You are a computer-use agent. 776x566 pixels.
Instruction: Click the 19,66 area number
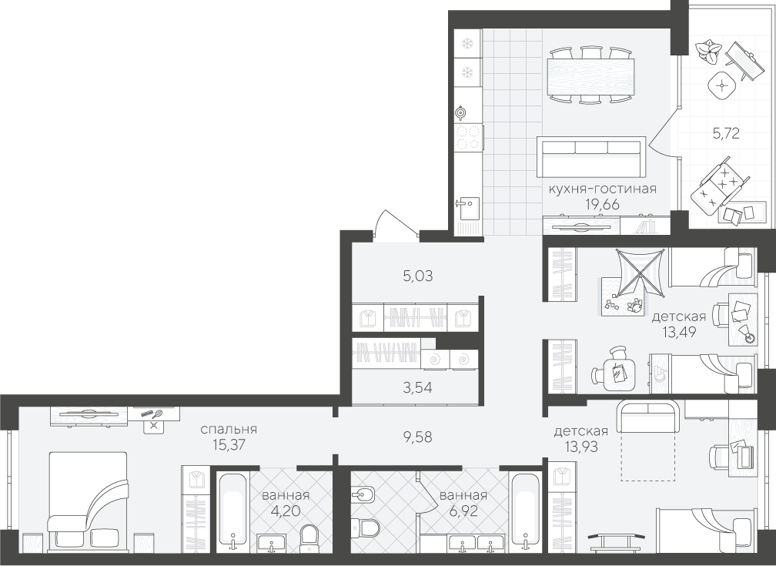[602, 203]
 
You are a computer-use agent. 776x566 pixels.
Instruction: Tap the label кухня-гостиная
[602, 189]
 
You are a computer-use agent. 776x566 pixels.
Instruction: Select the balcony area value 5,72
[726, 132]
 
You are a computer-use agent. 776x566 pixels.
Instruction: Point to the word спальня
[229, 429]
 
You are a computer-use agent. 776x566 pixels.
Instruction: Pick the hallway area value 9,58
[418, 437]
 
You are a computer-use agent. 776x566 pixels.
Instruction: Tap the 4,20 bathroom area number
[286, 510]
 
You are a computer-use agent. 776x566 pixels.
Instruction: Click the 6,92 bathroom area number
[463, 510]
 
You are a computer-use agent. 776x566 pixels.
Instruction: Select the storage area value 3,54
[417, 388]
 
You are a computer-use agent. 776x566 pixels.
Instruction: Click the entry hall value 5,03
[418, 276]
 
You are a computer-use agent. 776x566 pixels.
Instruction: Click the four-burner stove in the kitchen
[468, 138]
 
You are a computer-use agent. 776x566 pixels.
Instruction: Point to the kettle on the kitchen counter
[461, 113]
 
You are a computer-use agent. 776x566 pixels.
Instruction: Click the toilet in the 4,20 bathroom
[309, 536]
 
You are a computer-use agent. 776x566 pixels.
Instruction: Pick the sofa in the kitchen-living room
[591, 157]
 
